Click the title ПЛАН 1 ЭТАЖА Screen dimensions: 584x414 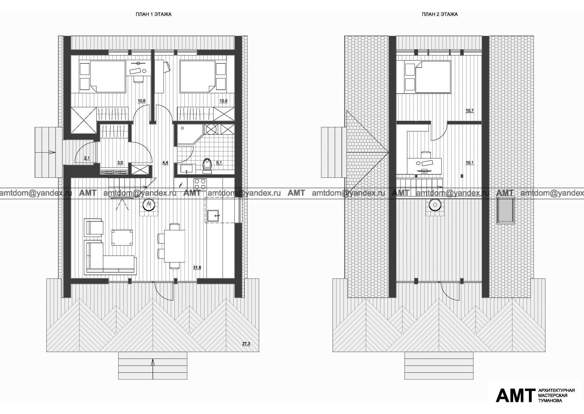[154, 15]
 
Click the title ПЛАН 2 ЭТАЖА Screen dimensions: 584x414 [440, 15]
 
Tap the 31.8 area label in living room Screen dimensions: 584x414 [197, 267]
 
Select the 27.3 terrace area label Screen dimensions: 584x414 [246, 344]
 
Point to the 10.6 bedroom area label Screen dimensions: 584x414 [142, 101]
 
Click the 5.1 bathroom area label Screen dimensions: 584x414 [219, 163]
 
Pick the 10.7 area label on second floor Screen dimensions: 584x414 [469, 111]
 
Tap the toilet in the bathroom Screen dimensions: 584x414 [208, 165]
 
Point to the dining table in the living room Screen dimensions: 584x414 [174, 246]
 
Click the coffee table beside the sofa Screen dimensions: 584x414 [122, 238]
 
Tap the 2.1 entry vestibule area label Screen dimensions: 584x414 [87, 158]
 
